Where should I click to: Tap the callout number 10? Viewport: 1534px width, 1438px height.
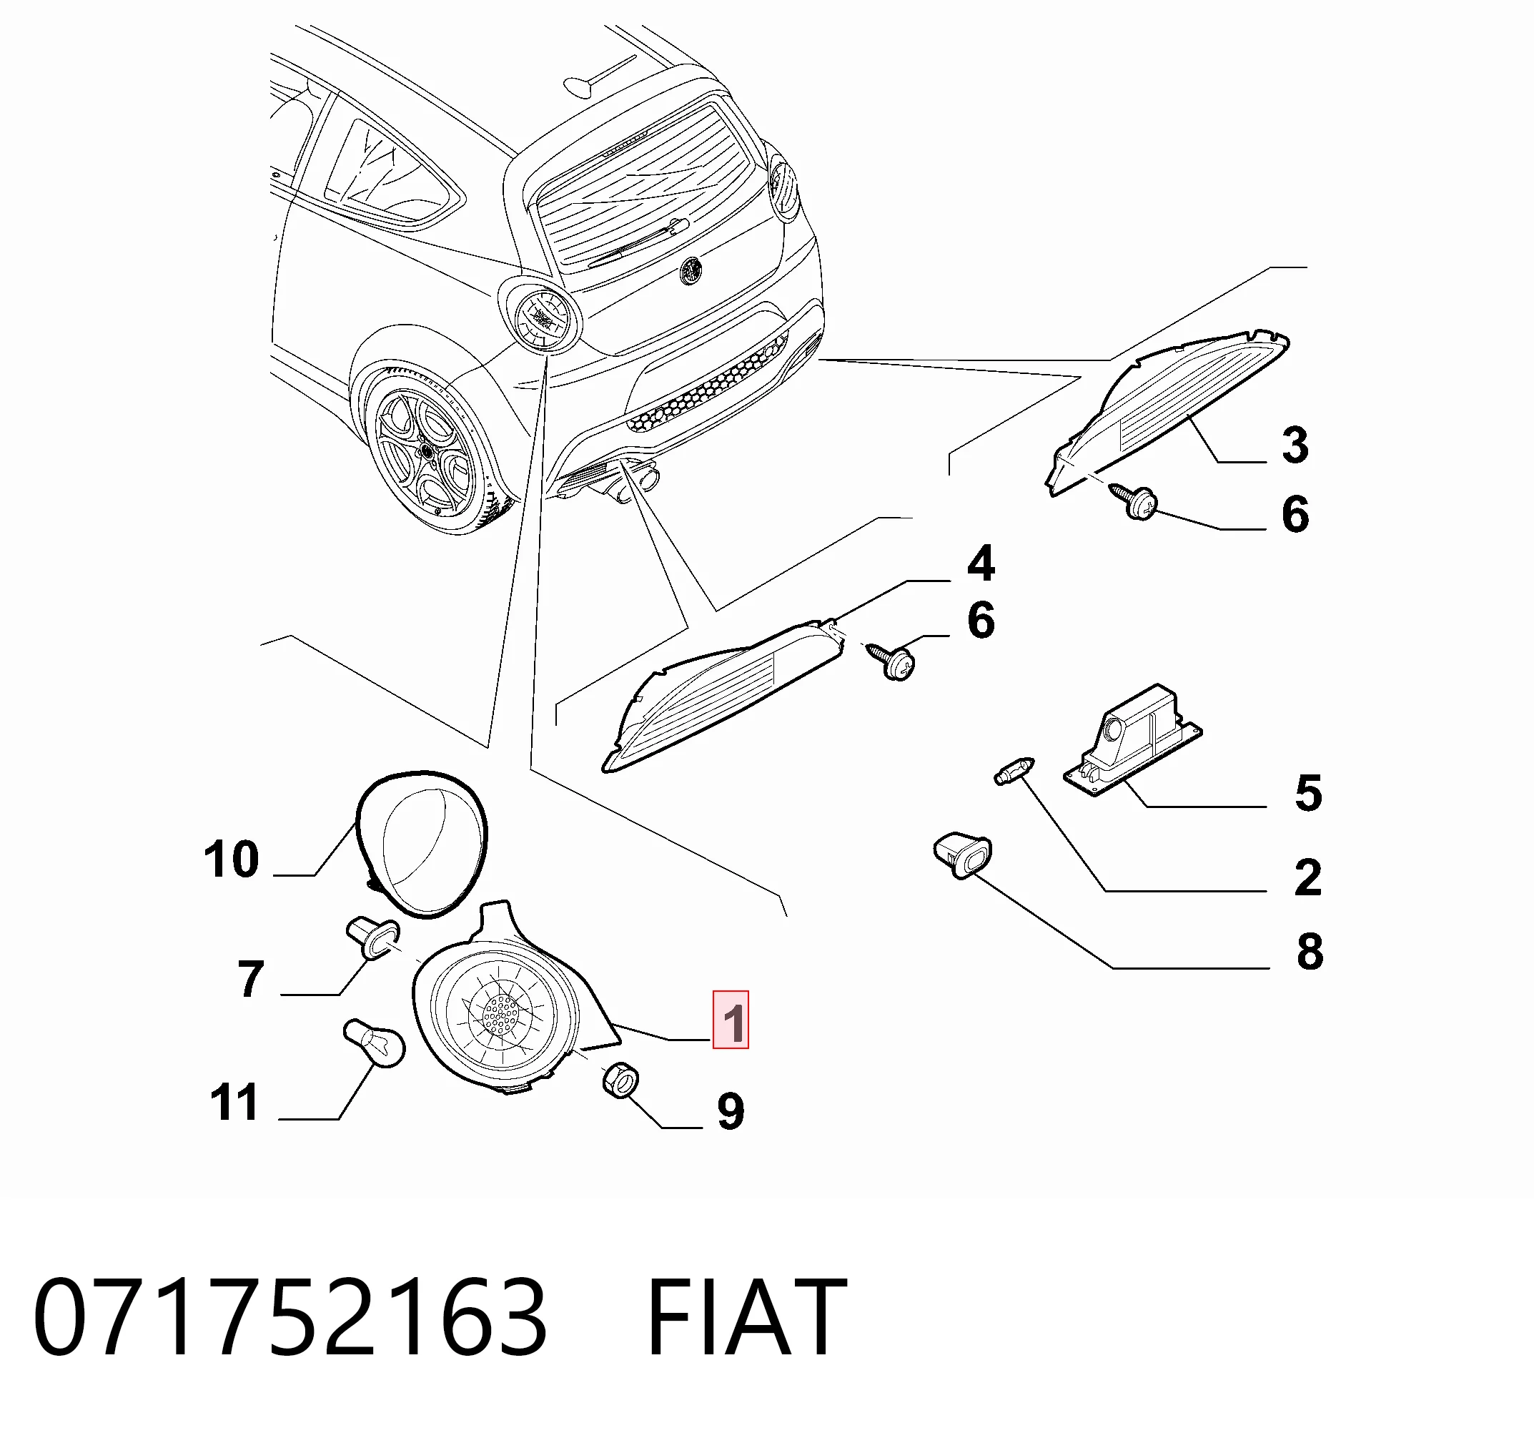[x=232, y=860]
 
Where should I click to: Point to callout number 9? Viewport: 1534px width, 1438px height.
[x=731, y=1112]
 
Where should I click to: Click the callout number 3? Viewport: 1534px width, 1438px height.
[x=1295, y=445]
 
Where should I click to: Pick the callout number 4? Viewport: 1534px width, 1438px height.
[x=981, y=563]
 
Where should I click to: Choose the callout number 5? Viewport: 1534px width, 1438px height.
[x=1309, y=793]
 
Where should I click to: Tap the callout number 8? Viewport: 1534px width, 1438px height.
[x=1310, y=952]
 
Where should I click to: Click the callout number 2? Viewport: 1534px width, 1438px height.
[x=1308, y=877]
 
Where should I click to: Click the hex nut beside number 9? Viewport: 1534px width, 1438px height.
[x=620, y=1080]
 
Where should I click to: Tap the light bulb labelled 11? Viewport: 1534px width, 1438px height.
[x=373, y=1043]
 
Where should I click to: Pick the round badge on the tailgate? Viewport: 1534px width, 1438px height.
[x=691, y=271]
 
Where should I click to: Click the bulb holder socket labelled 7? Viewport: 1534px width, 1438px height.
[x=373, y=938]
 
